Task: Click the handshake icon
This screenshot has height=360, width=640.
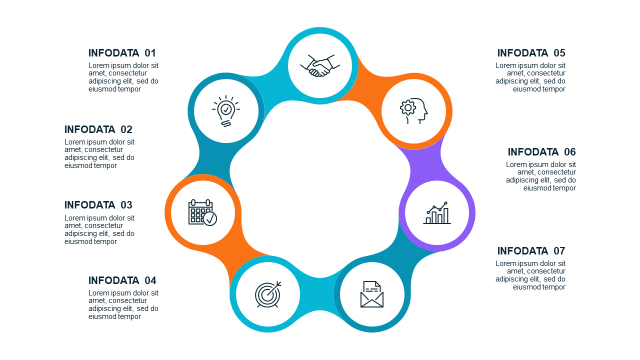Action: [x=319, y=65]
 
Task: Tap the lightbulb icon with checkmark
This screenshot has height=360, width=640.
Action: [x=226, y=111]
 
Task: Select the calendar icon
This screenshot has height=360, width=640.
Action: [x=202, y=212]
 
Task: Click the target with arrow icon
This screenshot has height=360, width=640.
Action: [x=268, y=294]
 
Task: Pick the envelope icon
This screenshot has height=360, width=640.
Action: [x=371, y=294]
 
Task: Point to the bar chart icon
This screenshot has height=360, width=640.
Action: [x=437, y=212]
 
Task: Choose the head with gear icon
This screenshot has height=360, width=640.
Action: [x=413, y=111]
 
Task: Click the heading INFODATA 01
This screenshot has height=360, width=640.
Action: [x=122, y=53]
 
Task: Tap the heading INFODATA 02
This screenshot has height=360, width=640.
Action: [x=98, y=129]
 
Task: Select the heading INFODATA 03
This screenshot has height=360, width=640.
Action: [x=98, y=205]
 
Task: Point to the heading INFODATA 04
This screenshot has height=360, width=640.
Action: [x=122, y=280]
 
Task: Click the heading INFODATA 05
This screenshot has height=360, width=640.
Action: [x=531, y=53]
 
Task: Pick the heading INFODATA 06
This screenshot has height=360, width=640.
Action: [x=541, y=151]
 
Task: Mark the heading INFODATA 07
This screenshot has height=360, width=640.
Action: [x=531, y=251]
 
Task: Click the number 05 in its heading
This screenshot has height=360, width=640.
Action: [x=559, y=53]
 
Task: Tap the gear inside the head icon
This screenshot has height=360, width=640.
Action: [x=407, y=107]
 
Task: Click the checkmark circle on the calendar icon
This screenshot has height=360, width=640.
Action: [x=210, y=219]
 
